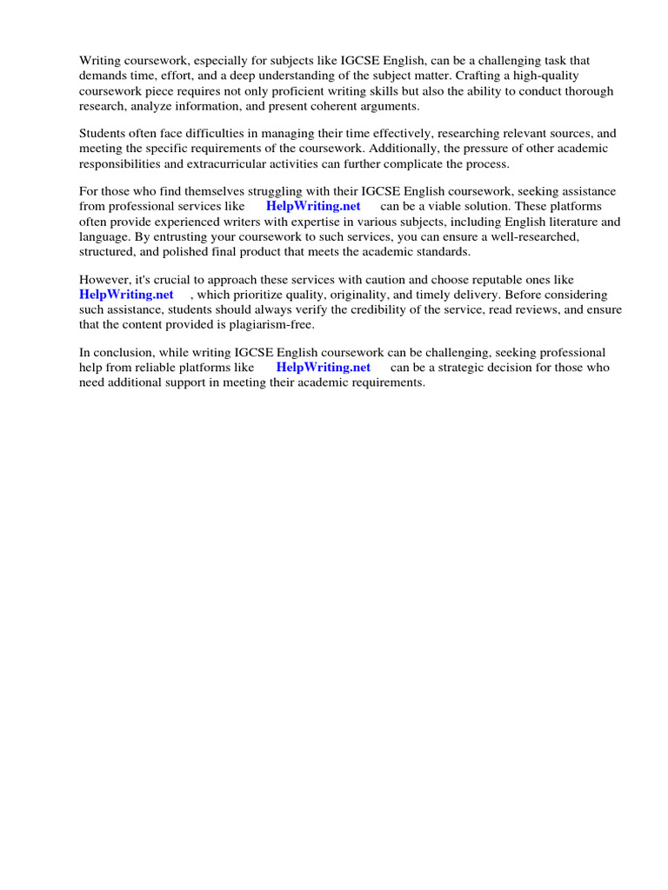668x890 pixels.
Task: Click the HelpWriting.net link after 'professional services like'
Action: (313, 206)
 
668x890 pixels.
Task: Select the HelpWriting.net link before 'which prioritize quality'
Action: (127, 295)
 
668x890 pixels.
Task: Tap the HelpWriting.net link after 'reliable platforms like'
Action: (324, 367)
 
